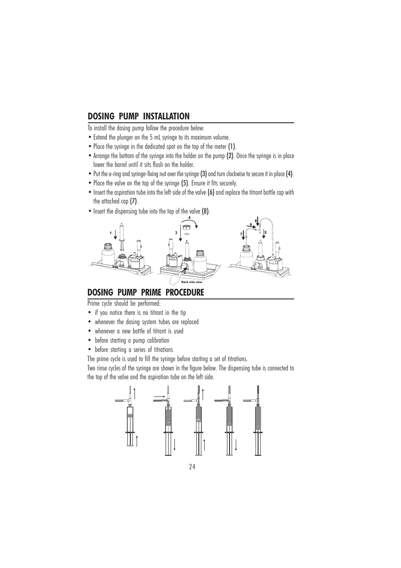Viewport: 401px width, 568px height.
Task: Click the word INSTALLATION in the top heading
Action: click(166, 116)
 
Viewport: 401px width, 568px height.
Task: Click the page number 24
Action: click(192, 467)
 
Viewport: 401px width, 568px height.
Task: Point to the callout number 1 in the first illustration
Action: click(111, 233)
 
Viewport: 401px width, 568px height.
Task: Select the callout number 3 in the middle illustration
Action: click(176, 232)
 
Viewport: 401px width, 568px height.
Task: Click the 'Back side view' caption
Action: click(192, 282)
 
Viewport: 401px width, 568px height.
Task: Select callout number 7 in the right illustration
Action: click(241, 234)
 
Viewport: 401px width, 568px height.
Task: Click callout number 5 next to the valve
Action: click(265, 232)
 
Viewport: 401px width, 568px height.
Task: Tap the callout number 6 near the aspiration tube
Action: click(251, 225)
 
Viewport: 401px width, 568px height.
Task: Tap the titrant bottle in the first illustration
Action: click(108, 256)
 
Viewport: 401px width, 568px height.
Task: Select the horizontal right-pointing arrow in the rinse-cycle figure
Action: click(159, 396)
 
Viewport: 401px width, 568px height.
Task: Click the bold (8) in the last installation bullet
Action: click(206, 211)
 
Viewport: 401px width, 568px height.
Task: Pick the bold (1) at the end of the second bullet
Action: click(232, 147)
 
